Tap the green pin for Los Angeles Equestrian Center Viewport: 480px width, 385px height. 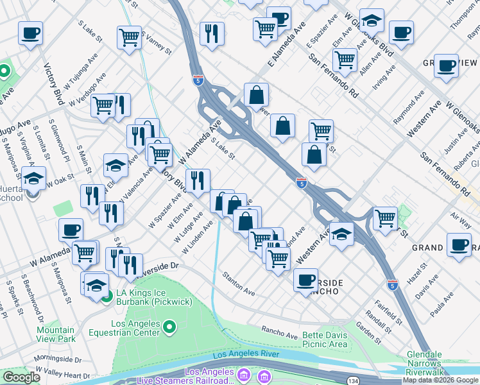[x=169, y=329]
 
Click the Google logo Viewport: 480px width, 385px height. [x=21, y=377]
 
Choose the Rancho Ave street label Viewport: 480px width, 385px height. [x=279, y=332]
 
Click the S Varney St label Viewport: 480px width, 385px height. [x=157, y=42]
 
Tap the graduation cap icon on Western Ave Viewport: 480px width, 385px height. [x=342, y=233]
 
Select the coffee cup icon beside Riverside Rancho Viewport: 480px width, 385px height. [x=305, y=278]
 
